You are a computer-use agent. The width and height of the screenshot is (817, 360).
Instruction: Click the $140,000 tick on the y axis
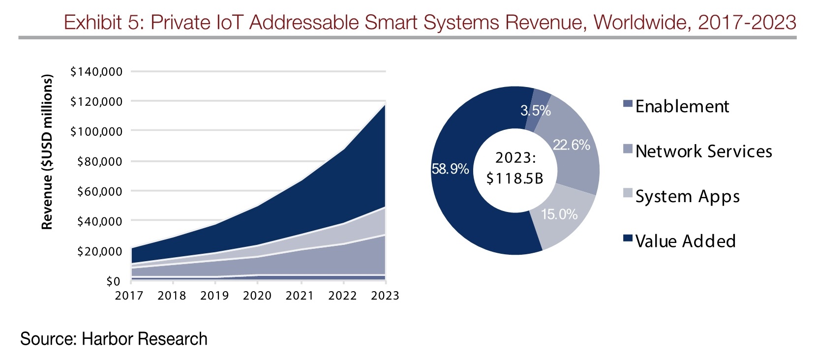click(x=96, y=72)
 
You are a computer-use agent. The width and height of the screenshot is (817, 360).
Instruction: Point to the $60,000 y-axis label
click(x=99, y=191)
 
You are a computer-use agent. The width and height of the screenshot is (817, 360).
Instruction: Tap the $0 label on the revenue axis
click(x=113, y=281)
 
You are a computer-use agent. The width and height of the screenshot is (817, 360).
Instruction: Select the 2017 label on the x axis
click(x=129, y=296)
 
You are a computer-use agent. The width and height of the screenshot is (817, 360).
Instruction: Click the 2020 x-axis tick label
click(x=257, y=296)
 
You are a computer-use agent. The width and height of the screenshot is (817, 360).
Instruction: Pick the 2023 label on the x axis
click(x=385, y=296)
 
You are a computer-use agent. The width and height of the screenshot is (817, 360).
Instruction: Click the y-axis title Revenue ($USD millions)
click(x=47, y=152)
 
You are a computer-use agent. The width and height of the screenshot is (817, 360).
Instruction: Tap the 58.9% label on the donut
click(x=450, y=169)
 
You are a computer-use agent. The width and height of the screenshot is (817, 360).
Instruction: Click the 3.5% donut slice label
click(x=536, y=110)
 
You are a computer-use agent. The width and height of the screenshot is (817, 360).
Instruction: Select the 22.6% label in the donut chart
click(x=572, y=145)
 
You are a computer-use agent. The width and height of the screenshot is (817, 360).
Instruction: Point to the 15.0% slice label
click(x=559, y=214)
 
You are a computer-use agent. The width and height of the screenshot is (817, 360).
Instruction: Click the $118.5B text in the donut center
click(x=515, y=179)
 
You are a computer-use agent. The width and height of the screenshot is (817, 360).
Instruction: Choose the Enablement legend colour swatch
click(x=628, y=104)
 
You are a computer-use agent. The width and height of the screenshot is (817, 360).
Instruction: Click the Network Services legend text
click(x=704, y=151)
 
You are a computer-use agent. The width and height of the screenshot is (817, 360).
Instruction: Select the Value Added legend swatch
click(x=628, y=238)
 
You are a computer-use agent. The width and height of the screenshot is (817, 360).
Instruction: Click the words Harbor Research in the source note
click(x=145, y=339)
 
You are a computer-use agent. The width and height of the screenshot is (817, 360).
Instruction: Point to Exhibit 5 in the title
click(x=104, y=22)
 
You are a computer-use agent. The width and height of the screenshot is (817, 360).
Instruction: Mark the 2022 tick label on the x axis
click(x=342, y=296)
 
